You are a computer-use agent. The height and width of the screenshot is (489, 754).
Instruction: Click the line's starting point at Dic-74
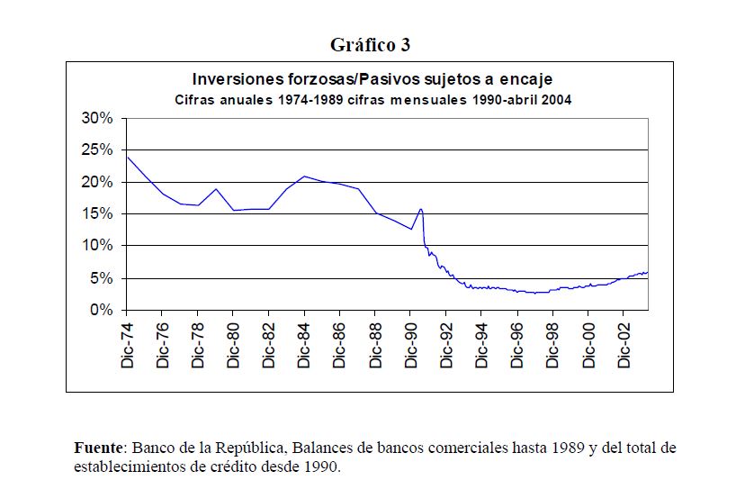coord(127,158)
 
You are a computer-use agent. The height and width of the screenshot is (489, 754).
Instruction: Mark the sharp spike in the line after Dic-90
coord(420,210)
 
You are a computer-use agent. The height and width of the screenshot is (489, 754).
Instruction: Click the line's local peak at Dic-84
coord(304,177)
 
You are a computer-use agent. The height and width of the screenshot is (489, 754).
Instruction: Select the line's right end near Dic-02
coord(647,272)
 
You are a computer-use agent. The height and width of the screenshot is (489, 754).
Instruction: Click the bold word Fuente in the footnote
coord(100,448)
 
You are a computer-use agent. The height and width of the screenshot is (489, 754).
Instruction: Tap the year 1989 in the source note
coord(563,448)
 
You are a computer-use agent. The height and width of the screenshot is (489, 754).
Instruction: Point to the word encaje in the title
coord(524,79)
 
